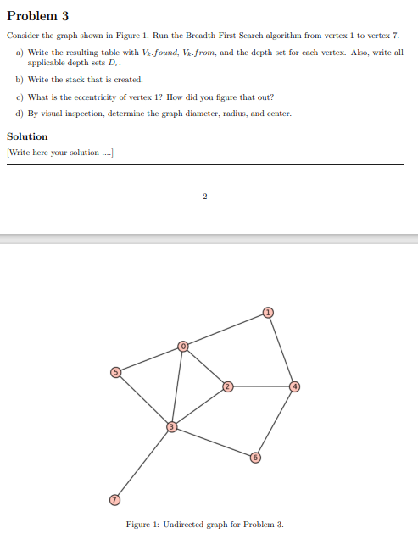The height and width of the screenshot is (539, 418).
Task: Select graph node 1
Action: pos(268,313)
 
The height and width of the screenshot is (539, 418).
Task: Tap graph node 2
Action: pos(227,387)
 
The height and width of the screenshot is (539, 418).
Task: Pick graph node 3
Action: pos(172,426)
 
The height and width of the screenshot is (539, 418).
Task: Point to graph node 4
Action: pos(293,387)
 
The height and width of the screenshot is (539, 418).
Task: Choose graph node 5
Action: pos(118,372)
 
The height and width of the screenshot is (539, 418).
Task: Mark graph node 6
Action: pos(254,458)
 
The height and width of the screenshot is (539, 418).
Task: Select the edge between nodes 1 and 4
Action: pos(281,350)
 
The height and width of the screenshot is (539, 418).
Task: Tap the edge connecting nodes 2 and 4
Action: pos(260,387)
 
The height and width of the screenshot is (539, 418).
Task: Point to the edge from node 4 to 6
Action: pos(274,422)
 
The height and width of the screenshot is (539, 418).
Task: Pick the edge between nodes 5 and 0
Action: pos(151,358)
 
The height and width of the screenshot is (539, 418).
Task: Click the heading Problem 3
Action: pos(37,16)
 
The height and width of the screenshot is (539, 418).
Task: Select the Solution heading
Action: pos(27,136)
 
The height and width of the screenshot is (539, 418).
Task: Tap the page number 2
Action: pos(204,197)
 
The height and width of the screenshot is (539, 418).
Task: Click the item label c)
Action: pos(20,97)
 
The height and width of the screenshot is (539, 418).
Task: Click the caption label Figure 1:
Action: pos(143,525)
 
